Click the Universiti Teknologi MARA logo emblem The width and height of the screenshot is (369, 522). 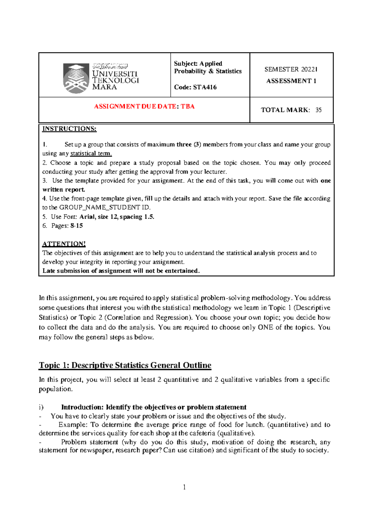75,78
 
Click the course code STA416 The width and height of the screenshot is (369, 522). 205,87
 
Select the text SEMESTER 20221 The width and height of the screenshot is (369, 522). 291,70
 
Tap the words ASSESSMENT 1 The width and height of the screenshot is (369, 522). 291,81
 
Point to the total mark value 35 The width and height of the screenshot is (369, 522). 319,110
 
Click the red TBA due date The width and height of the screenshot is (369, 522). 188,106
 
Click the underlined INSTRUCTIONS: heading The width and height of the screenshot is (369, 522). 69,129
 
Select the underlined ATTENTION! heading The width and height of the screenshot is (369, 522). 64,244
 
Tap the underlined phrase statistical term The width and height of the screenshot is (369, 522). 91,154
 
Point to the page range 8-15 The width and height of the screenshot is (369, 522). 77,226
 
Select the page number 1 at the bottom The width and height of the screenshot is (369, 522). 184,487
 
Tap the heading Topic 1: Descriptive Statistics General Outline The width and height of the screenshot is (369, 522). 125,365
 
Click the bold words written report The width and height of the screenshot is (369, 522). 63,190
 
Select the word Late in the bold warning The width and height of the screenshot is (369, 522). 49,271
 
